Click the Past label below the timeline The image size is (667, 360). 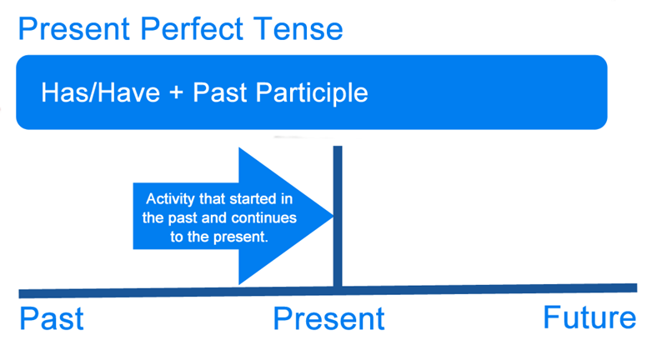pos(52,319)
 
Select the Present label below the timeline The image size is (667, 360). pos(329,319)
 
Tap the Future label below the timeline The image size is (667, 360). pos(589,318)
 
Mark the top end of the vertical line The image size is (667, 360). pos(338,148)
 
